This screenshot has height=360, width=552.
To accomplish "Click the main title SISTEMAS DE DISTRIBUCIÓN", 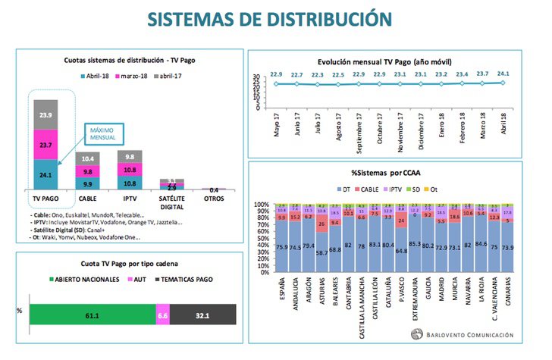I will pyautogui.click(x=275, y=18).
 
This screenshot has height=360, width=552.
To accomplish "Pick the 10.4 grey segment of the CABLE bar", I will pyautogui.click(x=89, y=158).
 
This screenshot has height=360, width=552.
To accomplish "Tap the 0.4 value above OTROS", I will pyautogui.click(x=215, y=189).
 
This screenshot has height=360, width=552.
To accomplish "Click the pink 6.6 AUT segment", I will pyautogui.click(x=162, y=311).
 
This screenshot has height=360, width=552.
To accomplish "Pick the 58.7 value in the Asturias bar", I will pyautogui.click(x=322, y=252).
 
